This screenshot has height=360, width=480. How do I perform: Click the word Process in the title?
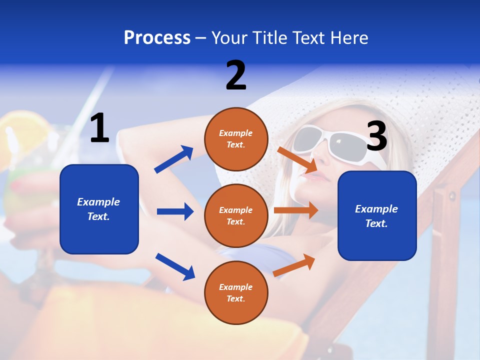[157, 38]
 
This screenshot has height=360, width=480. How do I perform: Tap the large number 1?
[99, 129]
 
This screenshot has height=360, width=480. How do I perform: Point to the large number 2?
[236, 75]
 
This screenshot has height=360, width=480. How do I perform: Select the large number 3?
[377, 136]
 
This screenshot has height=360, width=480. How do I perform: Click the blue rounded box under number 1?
[99, 209]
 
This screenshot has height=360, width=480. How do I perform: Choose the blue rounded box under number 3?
[377, 216]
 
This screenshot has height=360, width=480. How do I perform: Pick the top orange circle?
[236, 139]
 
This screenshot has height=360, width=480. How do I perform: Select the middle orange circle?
[236, 216]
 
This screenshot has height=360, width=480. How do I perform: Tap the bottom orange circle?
[236, 293]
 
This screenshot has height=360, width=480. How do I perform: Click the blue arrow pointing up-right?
[174, 159]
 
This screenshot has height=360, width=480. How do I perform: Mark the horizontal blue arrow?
[175, 211]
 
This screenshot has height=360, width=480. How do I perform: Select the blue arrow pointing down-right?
[175, 266]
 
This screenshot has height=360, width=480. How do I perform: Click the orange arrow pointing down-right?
[297, 160]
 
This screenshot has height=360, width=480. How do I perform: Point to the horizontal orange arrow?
[296, 210]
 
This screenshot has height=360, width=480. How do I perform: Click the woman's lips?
[312, 176]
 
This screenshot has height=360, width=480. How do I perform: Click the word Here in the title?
[350, 38]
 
